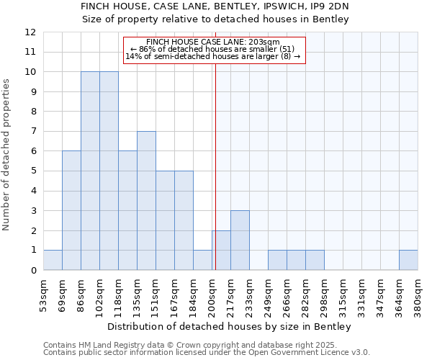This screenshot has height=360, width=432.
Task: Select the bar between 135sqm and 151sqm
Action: click(x=146, y=200)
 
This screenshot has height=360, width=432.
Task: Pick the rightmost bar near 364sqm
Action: click(x=408, y=260)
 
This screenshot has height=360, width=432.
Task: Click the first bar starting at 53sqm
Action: click(x=53, y=260)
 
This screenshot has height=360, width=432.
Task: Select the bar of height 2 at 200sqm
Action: click(x=221, y=250)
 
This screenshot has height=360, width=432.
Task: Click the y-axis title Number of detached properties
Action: click(x=7, y=155)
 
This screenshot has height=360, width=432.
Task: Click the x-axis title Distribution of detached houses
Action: click(x=230, y=327)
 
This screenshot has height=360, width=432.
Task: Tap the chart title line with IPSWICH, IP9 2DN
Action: click(x=215, y=6)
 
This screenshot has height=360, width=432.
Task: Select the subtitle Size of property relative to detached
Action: click(x=215, y=19)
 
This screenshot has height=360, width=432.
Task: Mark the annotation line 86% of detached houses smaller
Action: click(x=212, y=49)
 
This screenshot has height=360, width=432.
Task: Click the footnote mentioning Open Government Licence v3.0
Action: click(x=207, y=353)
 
